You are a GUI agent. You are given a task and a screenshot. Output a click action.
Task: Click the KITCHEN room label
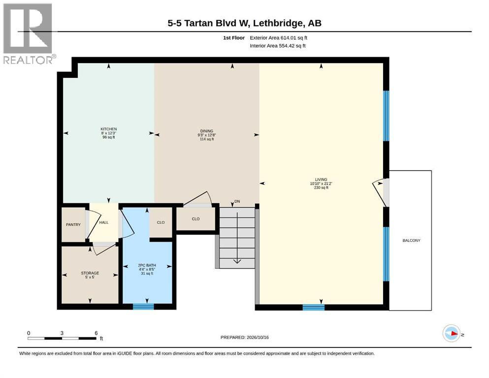pyautogui.click(x=108, y=129)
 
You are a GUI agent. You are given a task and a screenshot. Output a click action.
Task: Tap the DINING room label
pyautogui.click(x=207, y=131)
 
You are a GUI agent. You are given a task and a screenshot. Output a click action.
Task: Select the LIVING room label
pyautogui.click(x=321, y=180)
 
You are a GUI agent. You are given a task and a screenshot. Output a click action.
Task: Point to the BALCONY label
pyautogui.click(x=411, y=241)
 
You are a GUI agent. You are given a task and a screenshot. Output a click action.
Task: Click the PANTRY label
pyautogui.click(x=73, y=224)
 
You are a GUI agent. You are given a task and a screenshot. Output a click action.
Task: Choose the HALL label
pyautogui.click(x=104, y=222)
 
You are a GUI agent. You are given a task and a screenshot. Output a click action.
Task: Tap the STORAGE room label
pyautogui.click(x=90, y=273)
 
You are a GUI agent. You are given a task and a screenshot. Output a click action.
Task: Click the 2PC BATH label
pyautogui.click(x=147, y=265)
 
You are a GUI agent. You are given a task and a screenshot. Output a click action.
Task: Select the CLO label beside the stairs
pyautogui.click(x=196, y=219)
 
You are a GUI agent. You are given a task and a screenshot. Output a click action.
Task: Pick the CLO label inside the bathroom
pyautogui.click(x=161, y=222)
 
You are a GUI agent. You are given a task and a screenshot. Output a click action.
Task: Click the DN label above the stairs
pyautogui.click(x=237, y=202)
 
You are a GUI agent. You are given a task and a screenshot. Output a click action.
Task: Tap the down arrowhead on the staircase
pyautogui.click(x=237, y=261)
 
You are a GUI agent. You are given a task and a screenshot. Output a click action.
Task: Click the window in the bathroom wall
pyautogui.click(x=143, y=307)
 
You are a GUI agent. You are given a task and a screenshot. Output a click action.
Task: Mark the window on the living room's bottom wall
pyautogui.click(x=313, y=308)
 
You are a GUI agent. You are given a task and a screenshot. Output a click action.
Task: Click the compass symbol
pyautogui.click(x=451, y=333)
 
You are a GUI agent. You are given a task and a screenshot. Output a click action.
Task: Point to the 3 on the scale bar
pyautogui.click(x=62, y=333)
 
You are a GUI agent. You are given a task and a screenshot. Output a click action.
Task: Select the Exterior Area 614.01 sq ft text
pyautogui.click(x=279, y=38)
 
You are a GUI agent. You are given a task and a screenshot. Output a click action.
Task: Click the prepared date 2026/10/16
pyautogui.click(x=258, y=337)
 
